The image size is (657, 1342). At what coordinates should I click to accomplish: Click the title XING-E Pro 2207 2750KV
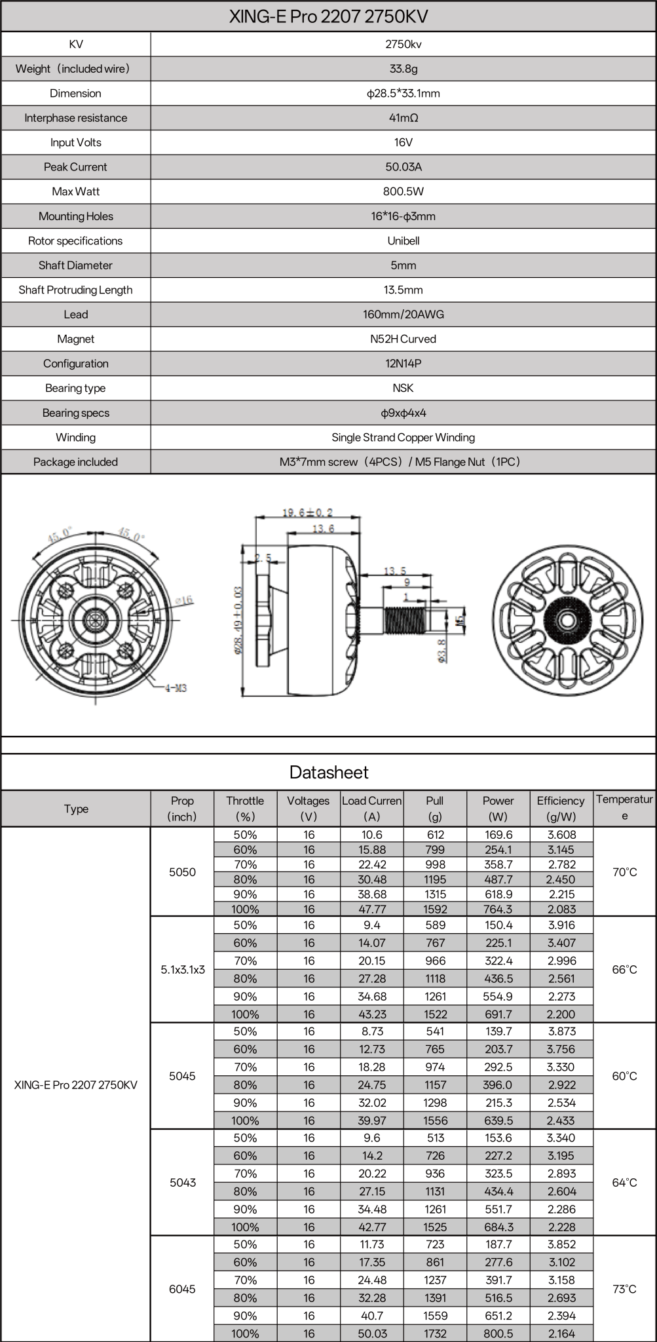328,16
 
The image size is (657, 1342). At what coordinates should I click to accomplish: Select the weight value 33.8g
403,69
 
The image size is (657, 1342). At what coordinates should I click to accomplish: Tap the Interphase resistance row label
75,118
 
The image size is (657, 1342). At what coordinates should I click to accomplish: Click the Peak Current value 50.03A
403,167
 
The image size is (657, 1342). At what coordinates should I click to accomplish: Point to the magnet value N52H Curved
403,339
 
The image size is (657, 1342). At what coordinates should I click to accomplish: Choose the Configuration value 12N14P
403,364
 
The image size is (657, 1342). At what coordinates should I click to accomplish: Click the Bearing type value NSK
403,388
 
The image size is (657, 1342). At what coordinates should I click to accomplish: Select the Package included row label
75,462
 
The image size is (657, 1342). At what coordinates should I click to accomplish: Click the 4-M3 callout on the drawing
175,688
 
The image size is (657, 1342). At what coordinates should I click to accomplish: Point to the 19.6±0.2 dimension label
307,512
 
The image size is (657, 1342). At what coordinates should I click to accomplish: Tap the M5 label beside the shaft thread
460,619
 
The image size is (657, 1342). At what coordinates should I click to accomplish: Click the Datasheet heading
328,773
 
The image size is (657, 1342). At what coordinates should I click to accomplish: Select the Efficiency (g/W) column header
560,809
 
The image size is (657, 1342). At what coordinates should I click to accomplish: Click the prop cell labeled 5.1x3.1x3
182,969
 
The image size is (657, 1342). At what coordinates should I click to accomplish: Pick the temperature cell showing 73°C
624,1288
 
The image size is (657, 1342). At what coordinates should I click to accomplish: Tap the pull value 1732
435,1333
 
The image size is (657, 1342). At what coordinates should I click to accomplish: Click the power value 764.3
498,909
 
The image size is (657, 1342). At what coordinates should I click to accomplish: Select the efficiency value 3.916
561,925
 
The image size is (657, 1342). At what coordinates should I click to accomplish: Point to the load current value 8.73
371,1031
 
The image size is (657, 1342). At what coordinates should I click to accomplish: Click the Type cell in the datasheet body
75,1084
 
